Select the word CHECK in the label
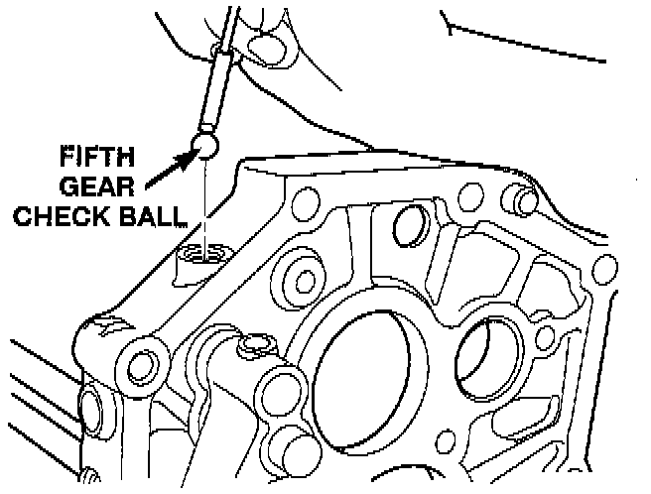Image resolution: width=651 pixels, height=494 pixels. pos(58,216)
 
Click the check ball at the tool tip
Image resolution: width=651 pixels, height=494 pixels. pos(204,145)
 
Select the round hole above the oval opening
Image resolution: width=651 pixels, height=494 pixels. pos(405,226)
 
